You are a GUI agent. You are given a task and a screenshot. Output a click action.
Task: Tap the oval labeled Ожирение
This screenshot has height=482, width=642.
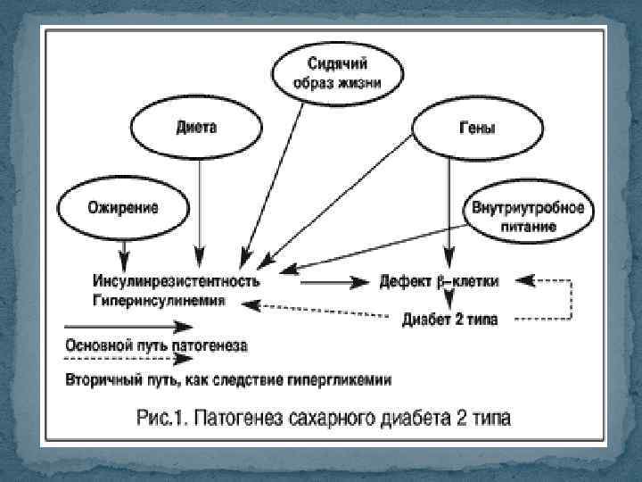122,208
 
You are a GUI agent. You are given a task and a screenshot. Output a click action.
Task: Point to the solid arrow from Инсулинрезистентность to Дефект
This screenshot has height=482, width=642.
322,281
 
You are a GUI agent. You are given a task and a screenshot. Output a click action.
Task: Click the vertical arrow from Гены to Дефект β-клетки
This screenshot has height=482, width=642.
451,205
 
